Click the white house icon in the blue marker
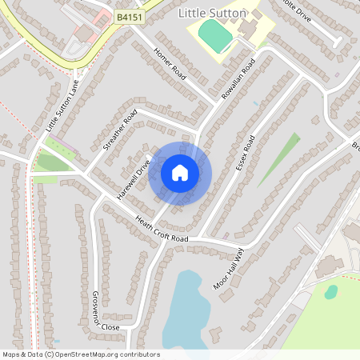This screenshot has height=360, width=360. (180, 172)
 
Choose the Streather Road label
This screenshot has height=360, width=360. (120, 130)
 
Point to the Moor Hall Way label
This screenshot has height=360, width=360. (250, 258)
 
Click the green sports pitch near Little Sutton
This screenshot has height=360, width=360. (214, 36)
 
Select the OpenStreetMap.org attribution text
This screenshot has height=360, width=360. (81, 354)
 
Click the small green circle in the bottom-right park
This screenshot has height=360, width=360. (330, 292)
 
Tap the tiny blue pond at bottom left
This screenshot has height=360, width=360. (56, 342)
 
